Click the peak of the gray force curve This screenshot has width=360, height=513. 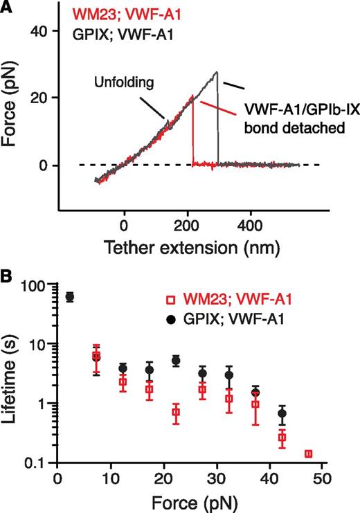pos(217,72)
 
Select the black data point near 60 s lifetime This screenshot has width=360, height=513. pos(69,297)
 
